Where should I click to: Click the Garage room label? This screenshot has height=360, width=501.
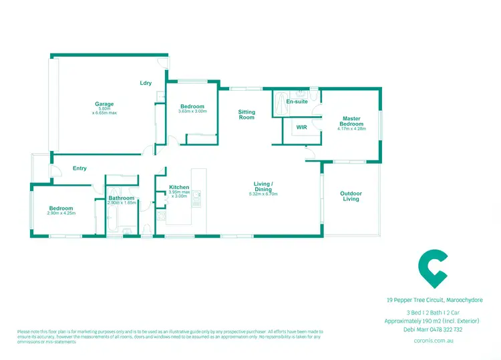[104, 104]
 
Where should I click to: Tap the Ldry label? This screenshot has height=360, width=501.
[146, 83]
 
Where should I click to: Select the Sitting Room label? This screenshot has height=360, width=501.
[247, 114]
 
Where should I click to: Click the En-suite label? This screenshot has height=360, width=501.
[297, 102]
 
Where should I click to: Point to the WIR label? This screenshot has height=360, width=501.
[301, 127]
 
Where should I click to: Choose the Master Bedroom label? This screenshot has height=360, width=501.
[351, 121]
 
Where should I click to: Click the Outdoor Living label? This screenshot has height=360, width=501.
[351, 196]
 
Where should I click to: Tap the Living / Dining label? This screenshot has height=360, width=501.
[263, 186]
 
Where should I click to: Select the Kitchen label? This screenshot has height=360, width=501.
[179, 187]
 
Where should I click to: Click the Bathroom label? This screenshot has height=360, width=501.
[122, 198]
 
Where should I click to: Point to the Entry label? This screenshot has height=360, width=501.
[79, 168]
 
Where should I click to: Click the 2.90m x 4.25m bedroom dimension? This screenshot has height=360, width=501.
[61, 213]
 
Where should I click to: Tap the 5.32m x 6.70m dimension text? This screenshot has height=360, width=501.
[263, 194]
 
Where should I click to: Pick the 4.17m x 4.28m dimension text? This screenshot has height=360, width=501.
[351, 129]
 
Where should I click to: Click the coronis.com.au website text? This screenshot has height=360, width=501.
[434, 339]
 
